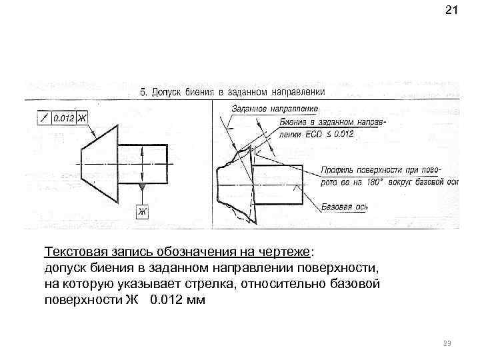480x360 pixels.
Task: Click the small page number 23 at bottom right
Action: [x=447, y=343]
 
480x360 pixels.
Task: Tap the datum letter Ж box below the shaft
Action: [x=141, y=212]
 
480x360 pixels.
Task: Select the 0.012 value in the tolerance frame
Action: [x=63, y=119]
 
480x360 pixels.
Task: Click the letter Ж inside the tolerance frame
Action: [x=83, y=119]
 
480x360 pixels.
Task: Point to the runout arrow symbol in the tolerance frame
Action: [x=43, y=119]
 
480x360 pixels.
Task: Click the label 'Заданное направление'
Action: [x=275, y=109]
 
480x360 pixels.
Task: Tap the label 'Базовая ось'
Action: [x=345, y=207]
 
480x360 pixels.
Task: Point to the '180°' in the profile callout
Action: [x=379, y=181]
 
